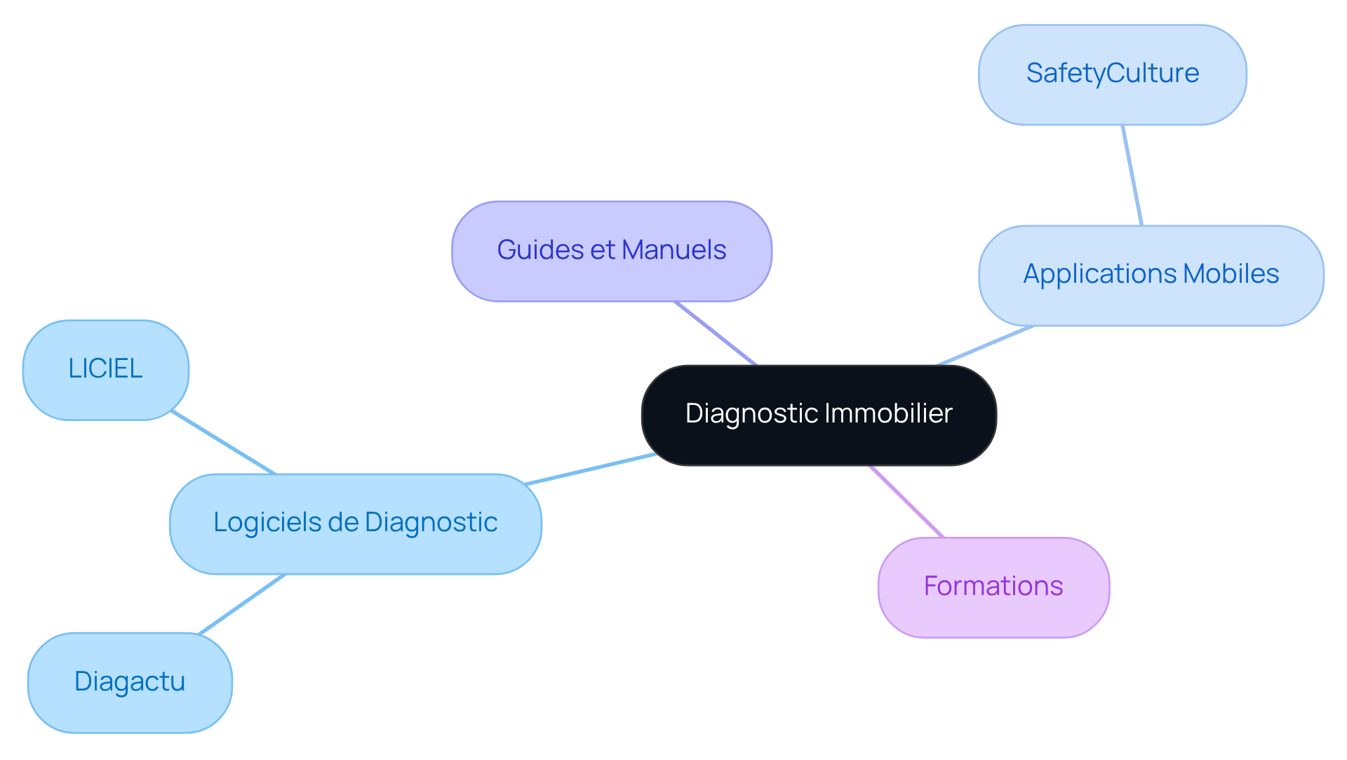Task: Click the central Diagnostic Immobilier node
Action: pos(819,415)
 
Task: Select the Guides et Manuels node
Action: pos(612,251)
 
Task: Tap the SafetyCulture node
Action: pos(1112,74)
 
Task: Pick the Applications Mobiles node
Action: pos(1151,275)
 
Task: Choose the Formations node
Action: pos(993,587)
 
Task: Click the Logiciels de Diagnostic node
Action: pos(355,524)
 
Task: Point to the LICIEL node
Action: pos(105,370)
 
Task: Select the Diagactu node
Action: pos(130,682)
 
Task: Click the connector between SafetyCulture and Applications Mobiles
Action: pos(1132,175)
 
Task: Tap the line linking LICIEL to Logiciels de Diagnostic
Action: pos(224,443)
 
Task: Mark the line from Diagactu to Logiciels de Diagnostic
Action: pos(242,604)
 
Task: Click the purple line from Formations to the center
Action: pos(906,501)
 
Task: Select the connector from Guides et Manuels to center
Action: pos(716,333)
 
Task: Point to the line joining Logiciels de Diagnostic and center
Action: pos(591,469)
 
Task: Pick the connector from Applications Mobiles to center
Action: pos(984,345)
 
